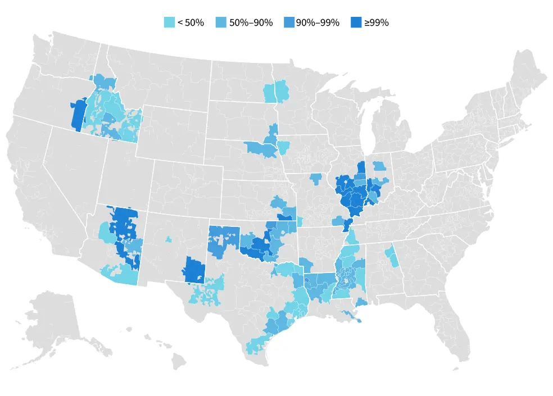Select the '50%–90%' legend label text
tap(251, 22)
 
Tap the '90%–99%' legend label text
tap(318, 22)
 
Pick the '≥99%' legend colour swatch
tap(356, 22)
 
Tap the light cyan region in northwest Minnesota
tap(275, 92)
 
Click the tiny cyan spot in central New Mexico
tap(169, 239)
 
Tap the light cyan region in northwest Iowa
tap(283, 148)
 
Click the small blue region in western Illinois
tap(315, 179)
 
